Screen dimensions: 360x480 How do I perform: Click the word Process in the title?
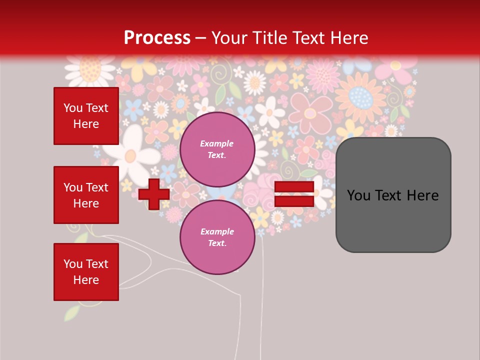tap(157, 38)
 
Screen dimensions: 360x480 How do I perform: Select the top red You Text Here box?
tap(86, 116)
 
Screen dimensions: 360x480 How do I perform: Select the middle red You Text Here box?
tap(86, 195)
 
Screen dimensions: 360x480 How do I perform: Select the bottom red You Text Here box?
tap(86, 272)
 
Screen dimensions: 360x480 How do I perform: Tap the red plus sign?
tap(153, 194)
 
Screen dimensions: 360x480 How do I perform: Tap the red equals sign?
tap(294, 194)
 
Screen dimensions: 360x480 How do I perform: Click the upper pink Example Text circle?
tap(217, 149)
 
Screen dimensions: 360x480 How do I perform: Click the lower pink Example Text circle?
tap(217, 237)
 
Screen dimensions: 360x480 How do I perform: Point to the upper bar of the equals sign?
tap(294, 187)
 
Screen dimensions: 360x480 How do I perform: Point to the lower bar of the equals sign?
tap(294, 201)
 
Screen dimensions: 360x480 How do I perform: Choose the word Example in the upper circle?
tap(217, 143)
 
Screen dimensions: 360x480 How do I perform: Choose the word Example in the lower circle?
tap(217, 231)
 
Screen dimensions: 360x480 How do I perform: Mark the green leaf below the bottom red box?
tap(73, 313)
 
